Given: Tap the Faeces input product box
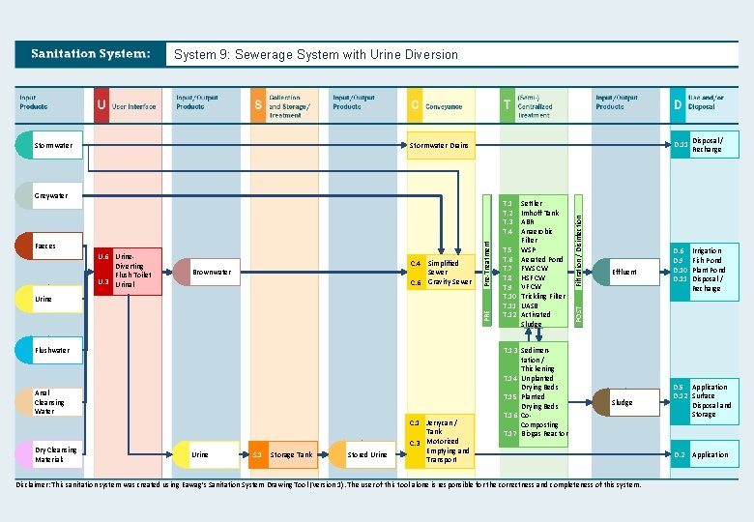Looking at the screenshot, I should click(50, 246).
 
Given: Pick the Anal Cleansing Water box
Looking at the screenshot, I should click(50, 402).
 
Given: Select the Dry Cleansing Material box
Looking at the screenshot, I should click(50, 453).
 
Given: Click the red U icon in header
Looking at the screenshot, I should click(101, 104).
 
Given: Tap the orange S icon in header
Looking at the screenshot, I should click(258, 104).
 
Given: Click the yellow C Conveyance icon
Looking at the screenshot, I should click(415, 104).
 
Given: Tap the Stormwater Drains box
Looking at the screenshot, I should click(440, 146).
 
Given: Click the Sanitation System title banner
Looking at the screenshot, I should click(91, 54).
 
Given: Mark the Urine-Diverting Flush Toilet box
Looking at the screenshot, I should click(128, 272).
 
